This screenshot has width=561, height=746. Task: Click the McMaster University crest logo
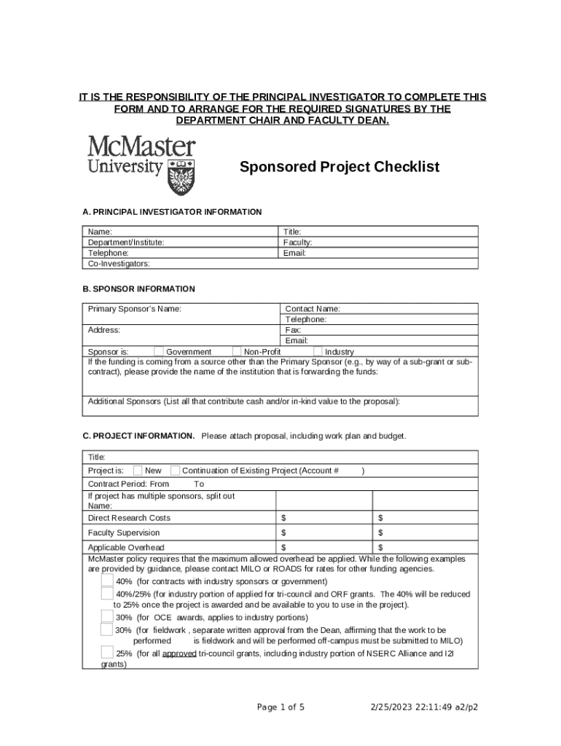(181, 176)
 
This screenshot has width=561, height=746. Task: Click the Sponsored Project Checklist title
(340, 167)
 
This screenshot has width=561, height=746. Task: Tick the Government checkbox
(159, 352)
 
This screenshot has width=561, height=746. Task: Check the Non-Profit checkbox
(236, 352)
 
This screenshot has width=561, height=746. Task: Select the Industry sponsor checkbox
(318, 352)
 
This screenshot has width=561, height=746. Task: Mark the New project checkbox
(138, 471)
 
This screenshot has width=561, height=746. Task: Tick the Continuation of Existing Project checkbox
(175, 471)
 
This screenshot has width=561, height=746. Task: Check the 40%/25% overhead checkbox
(107, 594)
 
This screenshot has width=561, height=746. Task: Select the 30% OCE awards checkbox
(107, 616)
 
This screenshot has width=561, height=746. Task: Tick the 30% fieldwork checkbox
(107, 629)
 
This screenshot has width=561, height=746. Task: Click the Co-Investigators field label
(119, 263)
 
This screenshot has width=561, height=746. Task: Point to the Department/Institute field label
(126, 242)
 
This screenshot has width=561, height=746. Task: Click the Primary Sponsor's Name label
(135, 309)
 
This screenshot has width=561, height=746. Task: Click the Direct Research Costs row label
(129, 518)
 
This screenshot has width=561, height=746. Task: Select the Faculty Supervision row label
(124, 533)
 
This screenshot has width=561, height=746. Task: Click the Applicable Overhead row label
(126, 548)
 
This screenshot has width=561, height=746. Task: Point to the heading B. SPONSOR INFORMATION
(138, 289)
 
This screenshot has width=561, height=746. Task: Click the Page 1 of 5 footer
(281, 707)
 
